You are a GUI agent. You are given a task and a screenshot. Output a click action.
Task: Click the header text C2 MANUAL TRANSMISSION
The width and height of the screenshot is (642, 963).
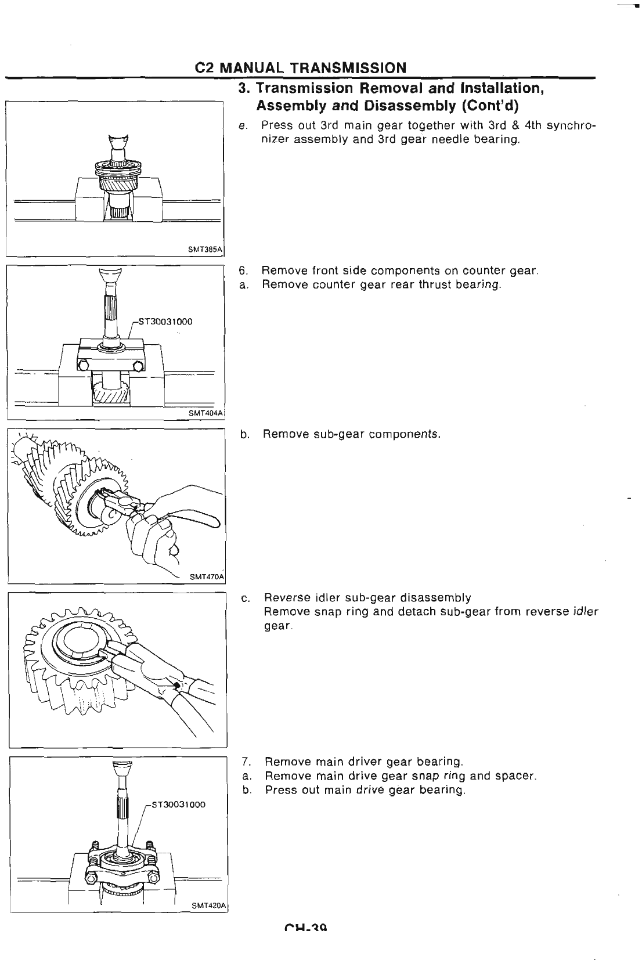[x=301, y=67]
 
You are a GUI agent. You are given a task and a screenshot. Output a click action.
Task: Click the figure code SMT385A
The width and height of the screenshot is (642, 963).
[x=205, y=249]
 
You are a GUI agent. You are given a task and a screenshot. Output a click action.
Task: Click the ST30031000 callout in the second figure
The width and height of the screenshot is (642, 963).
[x=166, y=322]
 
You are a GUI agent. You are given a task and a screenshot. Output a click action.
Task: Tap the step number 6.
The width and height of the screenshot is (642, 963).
[x=243, y=270]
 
